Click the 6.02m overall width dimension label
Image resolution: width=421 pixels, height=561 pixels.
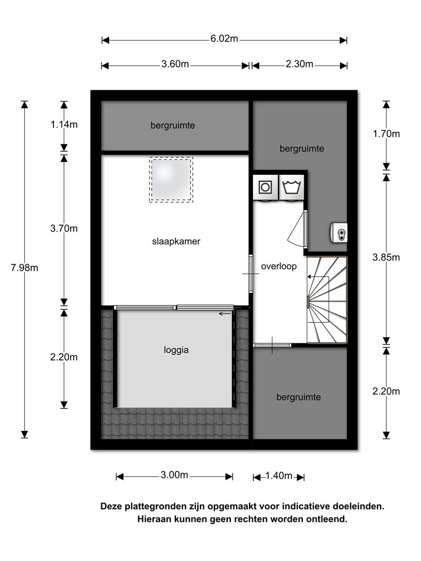[224, 39]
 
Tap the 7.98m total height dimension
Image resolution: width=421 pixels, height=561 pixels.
[24, 268]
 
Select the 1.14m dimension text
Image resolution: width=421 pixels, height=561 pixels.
[64, 124]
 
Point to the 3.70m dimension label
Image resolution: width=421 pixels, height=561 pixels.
[64, 228]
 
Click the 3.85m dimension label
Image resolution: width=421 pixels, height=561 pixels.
[386, 257]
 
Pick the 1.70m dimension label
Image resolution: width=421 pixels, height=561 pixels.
[386, 134]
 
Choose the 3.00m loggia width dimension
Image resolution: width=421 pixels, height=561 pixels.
[174, 475]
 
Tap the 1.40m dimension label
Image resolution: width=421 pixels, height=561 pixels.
[279, 476]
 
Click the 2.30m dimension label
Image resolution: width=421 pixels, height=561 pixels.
[299, 64]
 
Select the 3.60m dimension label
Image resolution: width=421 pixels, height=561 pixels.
[175, 64]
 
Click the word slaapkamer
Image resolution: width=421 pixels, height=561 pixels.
[176, 241]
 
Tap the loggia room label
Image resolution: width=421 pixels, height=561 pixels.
[176, 350]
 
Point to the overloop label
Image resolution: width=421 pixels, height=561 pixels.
[279, 266]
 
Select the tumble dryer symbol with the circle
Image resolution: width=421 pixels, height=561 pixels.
[265, 187]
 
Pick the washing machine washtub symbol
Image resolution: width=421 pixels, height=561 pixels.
[292, 187]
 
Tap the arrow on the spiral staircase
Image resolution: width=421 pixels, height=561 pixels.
[318, 277]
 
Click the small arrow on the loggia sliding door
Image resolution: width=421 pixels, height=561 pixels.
[225, 314]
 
